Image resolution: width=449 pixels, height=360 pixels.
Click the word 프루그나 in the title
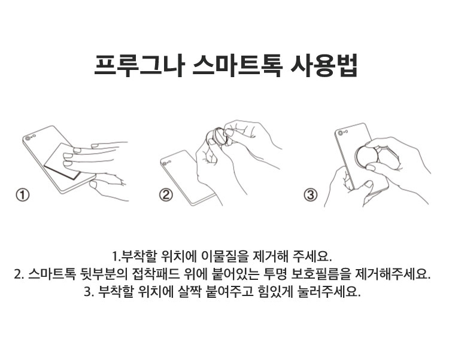tap(139, 65)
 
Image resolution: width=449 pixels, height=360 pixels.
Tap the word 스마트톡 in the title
tap(238, 65)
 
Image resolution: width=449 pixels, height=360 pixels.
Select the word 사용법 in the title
tap(324, 65)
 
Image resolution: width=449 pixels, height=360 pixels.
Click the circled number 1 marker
tap(23, 196)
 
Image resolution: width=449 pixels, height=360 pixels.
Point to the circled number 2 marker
tap(166, 196)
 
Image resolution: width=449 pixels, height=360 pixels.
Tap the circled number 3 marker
tap(310, 196)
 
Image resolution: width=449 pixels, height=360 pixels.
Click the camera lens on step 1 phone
tap(28, 138)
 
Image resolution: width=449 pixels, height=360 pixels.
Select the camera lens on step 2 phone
tap(164, 164)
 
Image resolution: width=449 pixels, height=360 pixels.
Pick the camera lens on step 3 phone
tap(340, 133)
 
